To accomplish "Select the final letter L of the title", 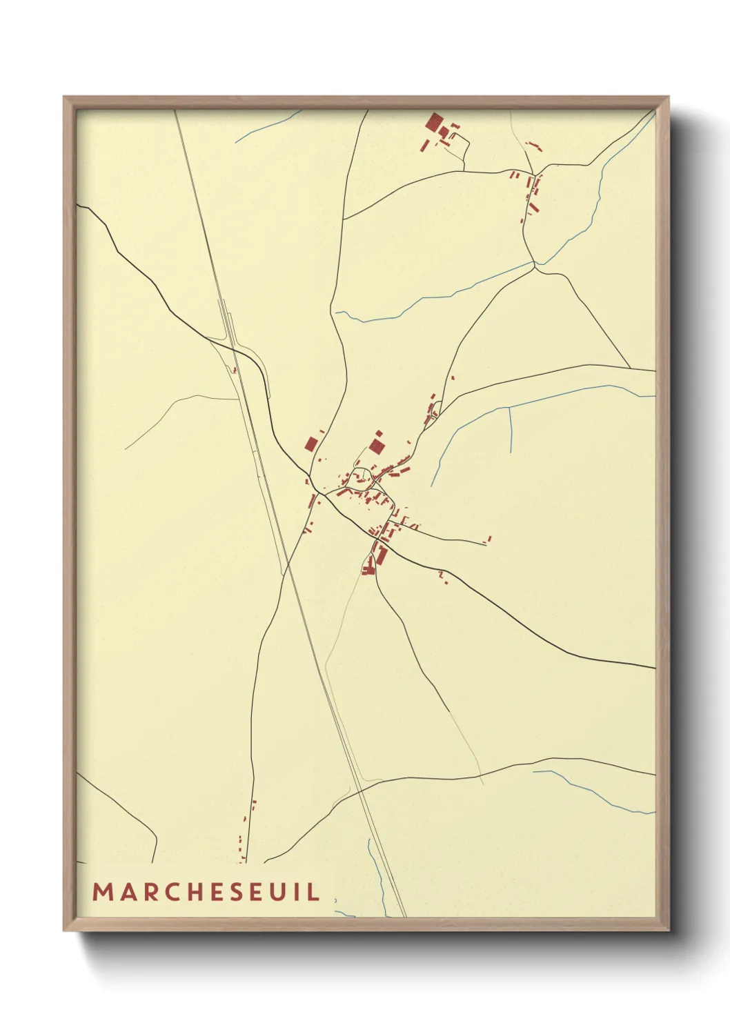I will pos(315,891).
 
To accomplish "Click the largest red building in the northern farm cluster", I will pos(434,123).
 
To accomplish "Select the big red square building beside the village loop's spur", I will pos(376,446).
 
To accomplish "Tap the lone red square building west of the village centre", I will pos(311,443).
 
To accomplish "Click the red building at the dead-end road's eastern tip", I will pos(489,538).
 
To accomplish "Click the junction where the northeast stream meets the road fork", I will pos(535,263).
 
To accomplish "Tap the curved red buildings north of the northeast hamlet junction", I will pos(534,146).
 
